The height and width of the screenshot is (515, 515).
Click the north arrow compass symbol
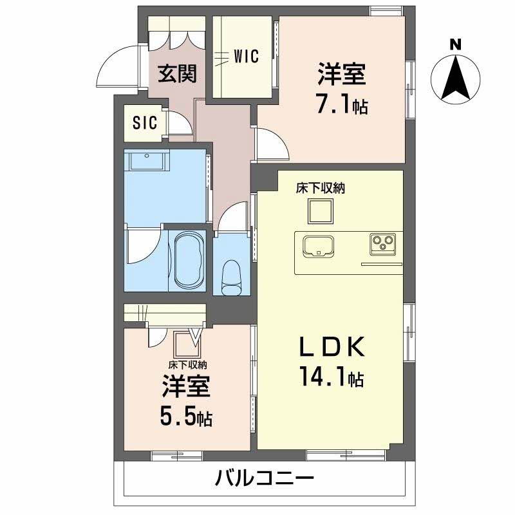pyautogui.click(x=455, y=79)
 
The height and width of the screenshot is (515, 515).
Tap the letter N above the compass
pyautogui.click(x=455, y=44)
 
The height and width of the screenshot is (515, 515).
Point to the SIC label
pyautogui.click(x=145, y=123)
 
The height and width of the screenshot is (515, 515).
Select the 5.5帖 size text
pyautogui.click(x=186, y=418)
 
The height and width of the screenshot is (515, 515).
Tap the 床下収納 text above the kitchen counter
pyautogui.click(x=321, y=189)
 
